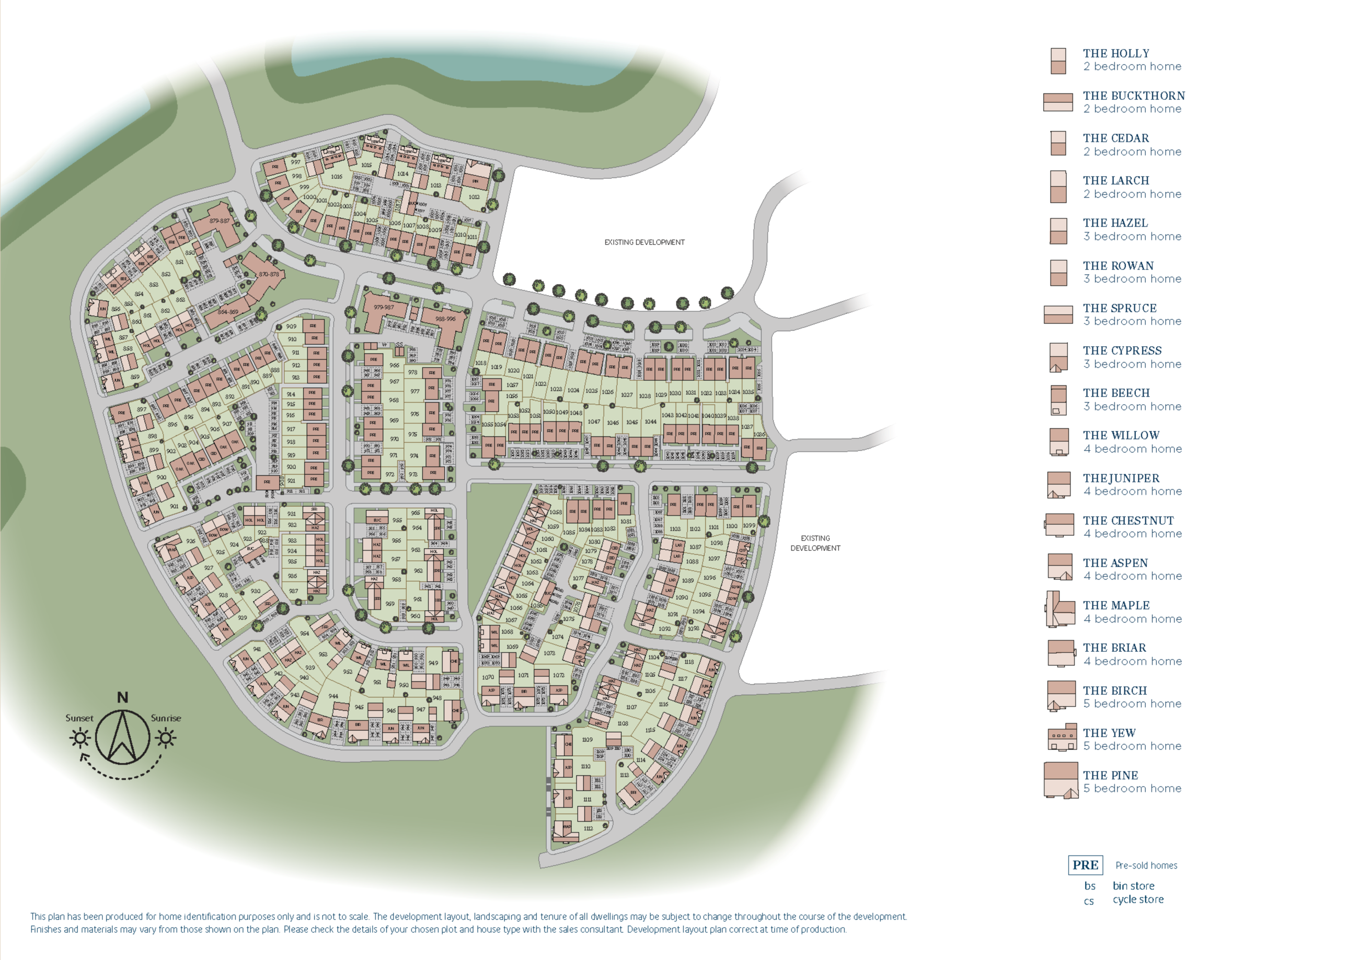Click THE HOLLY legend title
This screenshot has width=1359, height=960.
1116,53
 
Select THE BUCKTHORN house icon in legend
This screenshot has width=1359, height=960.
1058,102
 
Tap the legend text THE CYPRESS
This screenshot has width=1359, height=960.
1122,350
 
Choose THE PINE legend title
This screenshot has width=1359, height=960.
1110,775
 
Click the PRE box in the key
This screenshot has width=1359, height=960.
1085,865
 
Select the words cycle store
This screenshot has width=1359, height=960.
1137,899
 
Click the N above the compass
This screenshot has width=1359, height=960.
122,697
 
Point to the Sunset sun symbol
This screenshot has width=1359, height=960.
80,737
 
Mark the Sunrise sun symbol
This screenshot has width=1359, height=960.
165,737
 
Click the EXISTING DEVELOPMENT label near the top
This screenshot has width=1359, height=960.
644,242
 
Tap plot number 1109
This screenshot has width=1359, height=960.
586,740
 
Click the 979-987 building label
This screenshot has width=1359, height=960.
384,307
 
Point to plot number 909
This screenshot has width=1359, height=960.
291,326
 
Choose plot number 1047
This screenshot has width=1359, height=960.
594,422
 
